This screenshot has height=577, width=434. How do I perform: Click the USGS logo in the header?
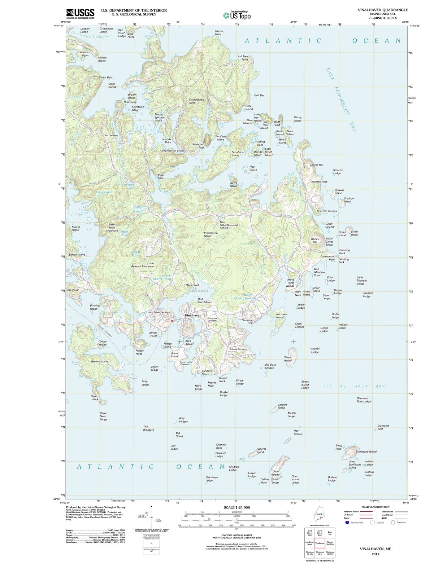[x=80, y=13]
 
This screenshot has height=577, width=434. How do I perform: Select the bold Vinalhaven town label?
[x=193, y=315]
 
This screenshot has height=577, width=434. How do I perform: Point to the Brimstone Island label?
[x=366, y=452]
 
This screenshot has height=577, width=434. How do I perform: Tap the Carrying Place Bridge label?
[x=172, y=151]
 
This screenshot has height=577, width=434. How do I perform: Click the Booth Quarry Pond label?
[x=244, y=296]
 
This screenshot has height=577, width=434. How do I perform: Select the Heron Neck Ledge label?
[x=103, y=416]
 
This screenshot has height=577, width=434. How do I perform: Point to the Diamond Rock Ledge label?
[x=364, y=400]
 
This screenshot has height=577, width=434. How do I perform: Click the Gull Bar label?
[x=259, y=96]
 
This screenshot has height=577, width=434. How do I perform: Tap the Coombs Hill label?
[x=316, y=165]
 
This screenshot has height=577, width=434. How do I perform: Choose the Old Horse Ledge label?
[x=212, y=479]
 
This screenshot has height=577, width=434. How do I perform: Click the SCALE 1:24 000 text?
[x=236, y=507]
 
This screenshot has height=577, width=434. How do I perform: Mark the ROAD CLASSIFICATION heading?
[x=375, y=507]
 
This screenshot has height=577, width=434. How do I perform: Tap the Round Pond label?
[x=130, y=186]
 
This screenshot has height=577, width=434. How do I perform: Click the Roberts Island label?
[x=261, y=450]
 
